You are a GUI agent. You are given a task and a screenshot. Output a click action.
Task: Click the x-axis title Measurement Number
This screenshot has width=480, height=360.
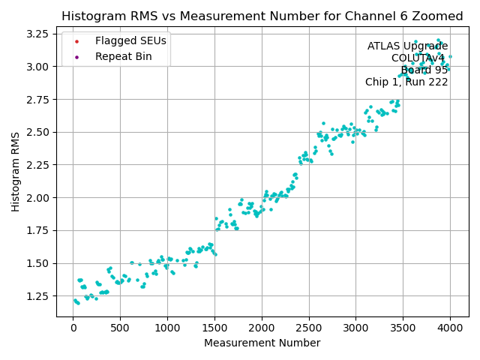(262, 343)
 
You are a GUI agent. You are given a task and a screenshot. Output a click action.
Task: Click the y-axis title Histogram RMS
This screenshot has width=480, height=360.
(16, 172)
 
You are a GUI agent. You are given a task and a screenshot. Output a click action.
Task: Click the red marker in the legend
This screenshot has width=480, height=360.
(76, 40)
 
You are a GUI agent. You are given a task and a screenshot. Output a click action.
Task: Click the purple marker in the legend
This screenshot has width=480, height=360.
(76, 56)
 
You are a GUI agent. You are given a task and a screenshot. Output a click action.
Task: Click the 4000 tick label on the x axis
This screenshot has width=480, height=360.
(450, 327)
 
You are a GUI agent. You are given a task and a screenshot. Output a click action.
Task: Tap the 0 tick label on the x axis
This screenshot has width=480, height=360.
(73, 327)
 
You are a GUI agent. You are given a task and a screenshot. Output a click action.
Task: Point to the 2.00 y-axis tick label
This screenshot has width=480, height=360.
(38, 198)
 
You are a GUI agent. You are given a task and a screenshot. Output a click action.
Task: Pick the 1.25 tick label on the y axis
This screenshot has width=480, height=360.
(38, 296)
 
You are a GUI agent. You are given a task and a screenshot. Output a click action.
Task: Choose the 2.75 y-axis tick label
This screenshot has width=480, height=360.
(38, 99)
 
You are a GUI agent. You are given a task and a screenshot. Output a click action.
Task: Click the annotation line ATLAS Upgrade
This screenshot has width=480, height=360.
(407, 46)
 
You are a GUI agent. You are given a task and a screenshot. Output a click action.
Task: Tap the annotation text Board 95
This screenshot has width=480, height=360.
(424, 70)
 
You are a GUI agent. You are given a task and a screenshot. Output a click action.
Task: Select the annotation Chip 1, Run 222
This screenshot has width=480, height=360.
(406, 82)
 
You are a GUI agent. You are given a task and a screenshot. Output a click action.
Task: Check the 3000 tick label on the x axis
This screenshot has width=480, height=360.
(355, 327)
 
